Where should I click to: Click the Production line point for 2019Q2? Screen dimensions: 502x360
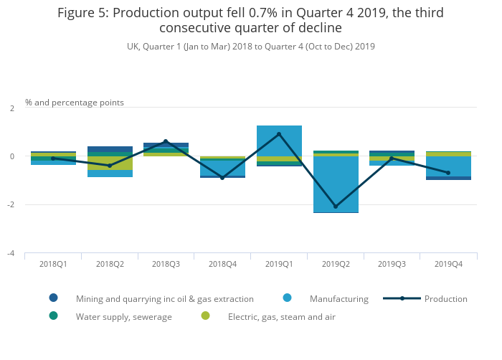pyautogui.click(x=336, y=207)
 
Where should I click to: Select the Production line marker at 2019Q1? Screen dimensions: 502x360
pyautogui.click(x=279, y=134)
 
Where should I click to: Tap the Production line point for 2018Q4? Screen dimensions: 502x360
pyautogui.click(x=222, y=178)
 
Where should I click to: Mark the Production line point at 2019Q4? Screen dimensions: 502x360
pyautogui.click(x=448, y=173)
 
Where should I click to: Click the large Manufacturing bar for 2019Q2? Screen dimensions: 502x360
pyautogui.click(x=336, y=184)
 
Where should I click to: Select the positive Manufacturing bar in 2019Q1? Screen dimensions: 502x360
pyautogui.click(x=279, y=141)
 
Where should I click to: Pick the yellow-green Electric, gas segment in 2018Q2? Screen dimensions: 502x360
pyautogui.click(x=110, y=163)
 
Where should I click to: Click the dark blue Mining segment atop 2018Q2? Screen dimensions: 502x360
pyautogui.click(x=110, y=149)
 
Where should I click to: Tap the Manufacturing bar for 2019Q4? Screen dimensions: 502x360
pyautogui.click(x=448, y=166)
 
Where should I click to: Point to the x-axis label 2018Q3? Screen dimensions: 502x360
pyautogui.click(x=166, y=264)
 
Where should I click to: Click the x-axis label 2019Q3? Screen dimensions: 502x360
pyautogui.click(x=392, y=264)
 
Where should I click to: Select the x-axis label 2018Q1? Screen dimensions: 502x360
pyautogui.click(x=53, y=264)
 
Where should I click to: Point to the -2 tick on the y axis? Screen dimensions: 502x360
pyautogui.click(x=11, y=204)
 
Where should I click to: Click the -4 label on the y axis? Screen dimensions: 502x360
pyautogui.click(x=11, y=253)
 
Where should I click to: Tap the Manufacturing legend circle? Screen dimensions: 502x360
pyautogui.click(x=287, y=298)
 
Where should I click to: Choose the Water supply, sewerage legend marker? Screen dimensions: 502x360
pyautogui.click(x=54, y=316)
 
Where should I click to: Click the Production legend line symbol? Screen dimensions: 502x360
pyautogui.click(x=402, y=298)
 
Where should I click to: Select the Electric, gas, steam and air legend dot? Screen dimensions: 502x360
pyautogui.click(x=205, y=316)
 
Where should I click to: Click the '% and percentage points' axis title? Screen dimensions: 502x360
pyautogui.click(x=75, y=103)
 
